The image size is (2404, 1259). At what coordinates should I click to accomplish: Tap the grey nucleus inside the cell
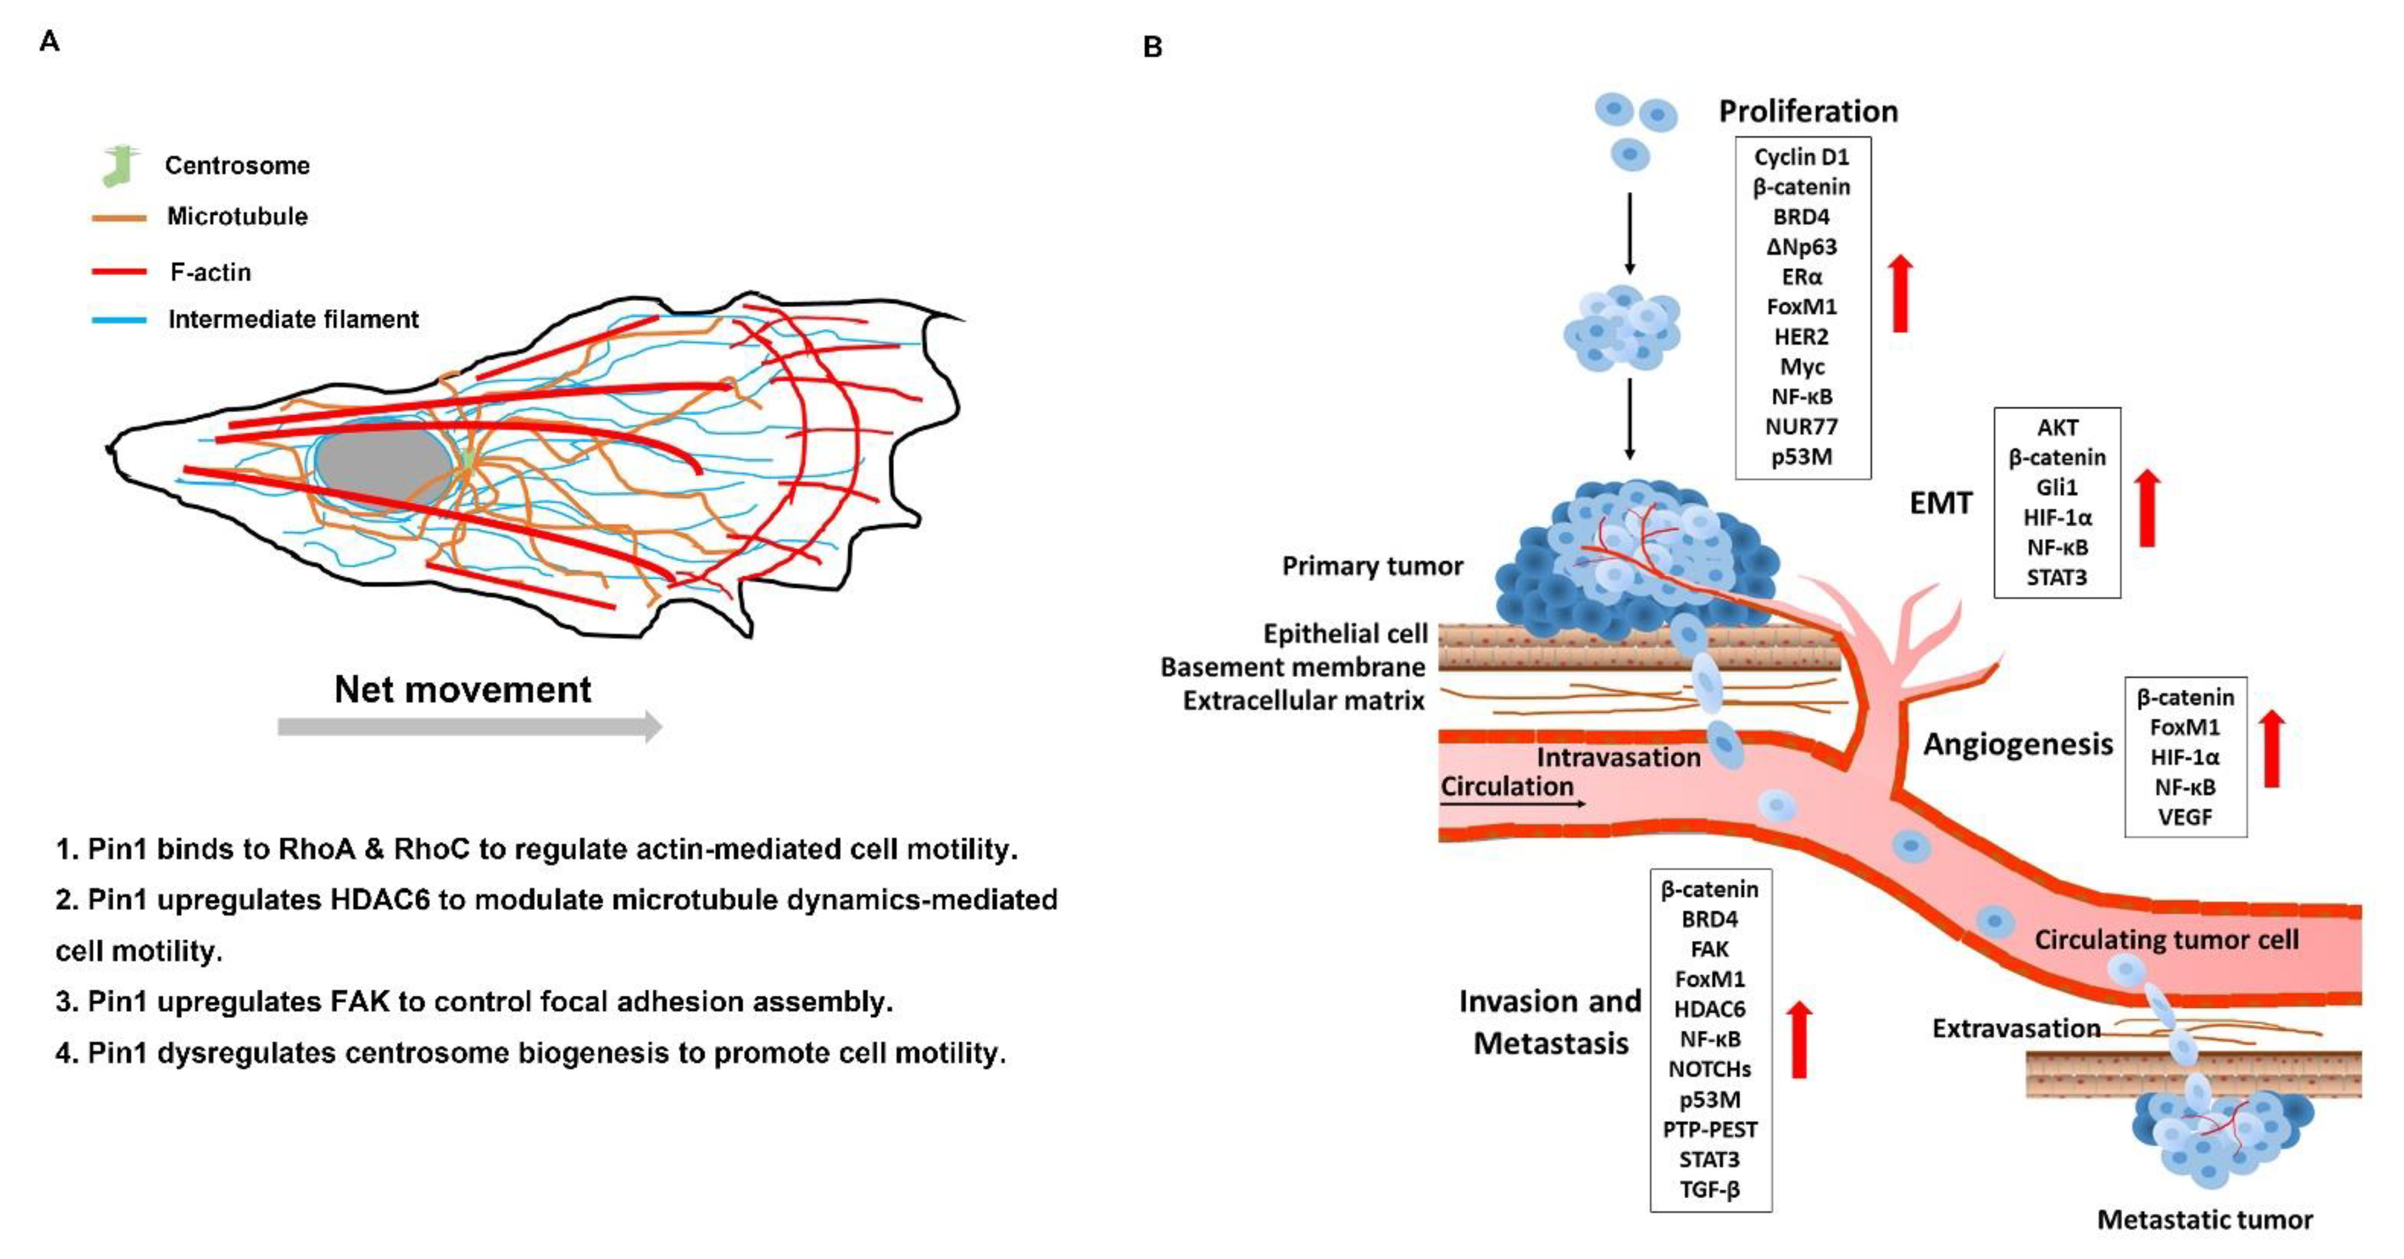[383, 462]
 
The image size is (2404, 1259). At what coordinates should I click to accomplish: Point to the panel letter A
[50, 42]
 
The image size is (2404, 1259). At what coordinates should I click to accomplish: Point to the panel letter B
[1153, 47]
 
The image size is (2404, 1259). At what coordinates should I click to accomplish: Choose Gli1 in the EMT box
[2057, 487]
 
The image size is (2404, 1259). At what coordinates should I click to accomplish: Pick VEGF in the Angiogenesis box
[2185, 816]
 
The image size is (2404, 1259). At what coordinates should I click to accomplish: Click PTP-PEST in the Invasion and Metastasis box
[1710, 1130]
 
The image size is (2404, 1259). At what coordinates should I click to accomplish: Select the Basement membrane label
[1293, 667]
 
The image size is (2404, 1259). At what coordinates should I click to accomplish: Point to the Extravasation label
[2016, 1029]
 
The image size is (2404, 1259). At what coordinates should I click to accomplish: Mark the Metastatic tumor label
[2204, 1220]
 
